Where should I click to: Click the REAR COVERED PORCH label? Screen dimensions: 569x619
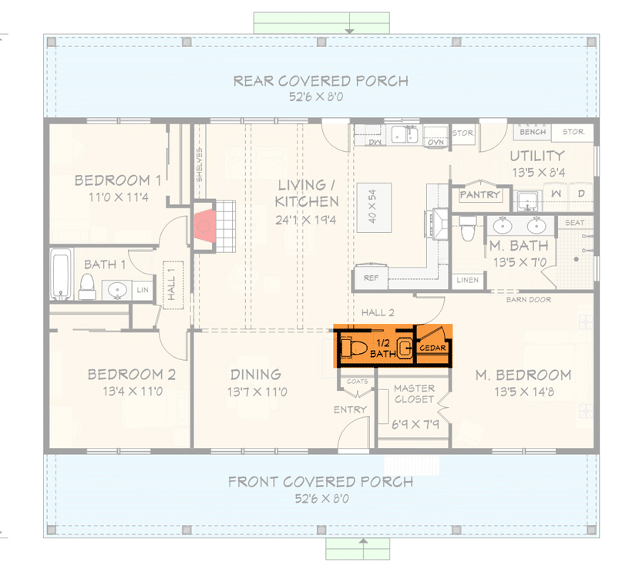point(321,81)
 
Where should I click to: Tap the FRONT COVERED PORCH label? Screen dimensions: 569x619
point(321,482)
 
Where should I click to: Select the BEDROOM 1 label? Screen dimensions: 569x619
point(117,180)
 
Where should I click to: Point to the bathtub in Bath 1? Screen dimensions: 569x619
point(61,274)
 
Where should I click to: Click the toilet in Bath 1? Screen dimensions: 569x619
point(87,285)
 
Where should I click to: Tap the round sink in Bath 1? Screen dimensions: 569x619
point(117,290)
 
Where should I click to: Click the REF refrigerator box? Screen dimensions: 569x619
point(370,278)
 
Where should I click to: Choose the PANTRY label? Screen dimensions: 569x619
point(479,195)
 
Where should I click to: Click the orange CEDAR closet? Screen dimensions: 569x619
point(433,348)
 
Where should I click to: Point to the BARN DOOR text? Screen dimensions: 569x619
point(528,299)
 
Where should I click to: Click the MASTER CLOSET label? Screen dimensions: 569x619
point(414,394)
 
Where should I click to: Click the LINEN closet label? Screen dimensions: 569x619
point(466,280)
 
